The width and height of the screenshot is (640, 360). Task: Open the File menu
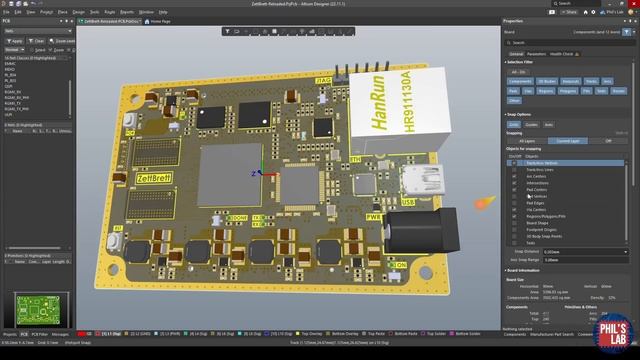click(6, 12)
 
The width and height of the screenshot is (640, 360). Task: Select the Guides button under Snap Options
click(530, 124)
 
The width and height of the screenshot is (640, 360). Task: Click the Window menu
click(146, 12)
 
